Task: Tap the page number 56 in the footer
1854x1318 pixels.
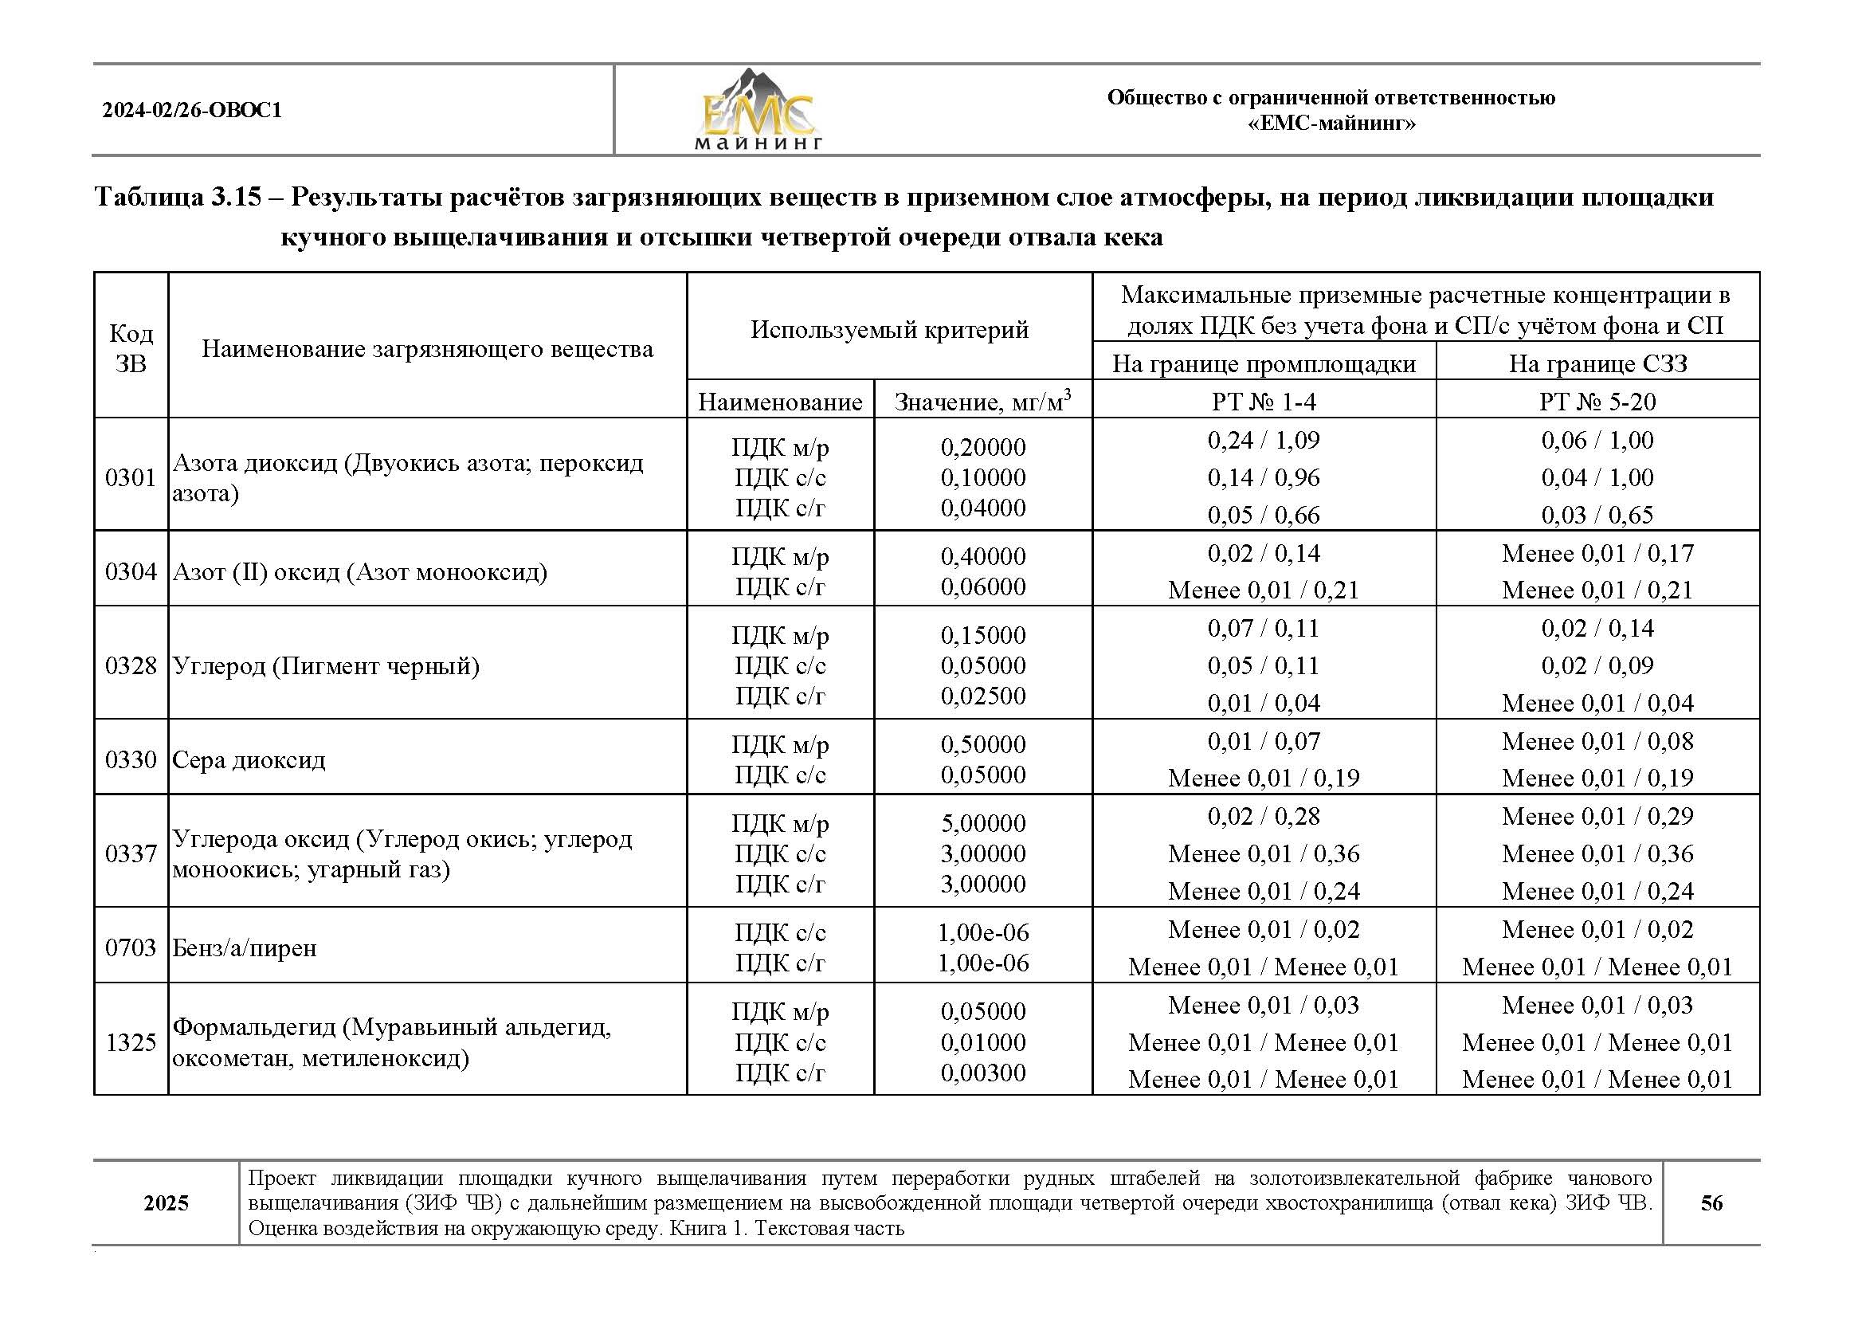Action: pos(1711,1202)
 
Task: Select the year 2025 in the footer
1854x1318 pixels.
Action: pos(167,1202)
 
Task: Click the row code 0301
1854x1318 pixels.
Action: pos(131,477)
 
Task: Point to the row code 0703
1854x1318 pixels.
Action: pos(131,947)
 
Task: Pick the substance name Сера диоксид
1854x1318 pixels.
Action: pos(249,759)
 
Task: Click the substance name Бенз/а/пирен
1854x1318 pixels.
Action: pos(245,947)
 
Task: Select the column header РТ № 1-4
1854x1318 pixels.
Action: pos(1264,402)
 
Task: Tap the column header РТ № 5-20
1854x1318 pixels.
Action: pos(1597,402)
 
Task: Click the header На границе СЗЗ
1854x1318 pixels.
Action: pos(1597,363)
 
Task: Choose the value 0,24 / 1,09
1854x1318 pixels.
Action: pos(1264,440)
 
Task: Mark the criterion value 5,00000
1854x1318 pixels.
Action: pos(982,823)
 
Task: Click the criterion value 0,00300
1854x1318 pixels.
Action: pos(982,1073)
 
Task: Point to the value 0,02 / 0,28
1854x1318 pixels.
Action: pos(1264,816)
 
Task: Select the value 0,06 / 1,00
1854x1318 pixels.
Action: pos(1597,440)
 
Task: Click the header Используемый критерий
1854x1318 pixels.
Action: pos(889,330)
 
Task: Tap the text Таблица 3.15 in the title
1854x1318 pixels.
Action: pos(178,197)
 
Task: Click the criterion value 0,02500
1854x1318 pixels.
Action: pos(982,696)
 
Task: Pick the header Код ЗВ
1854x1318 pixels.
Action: pos(131,348)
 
